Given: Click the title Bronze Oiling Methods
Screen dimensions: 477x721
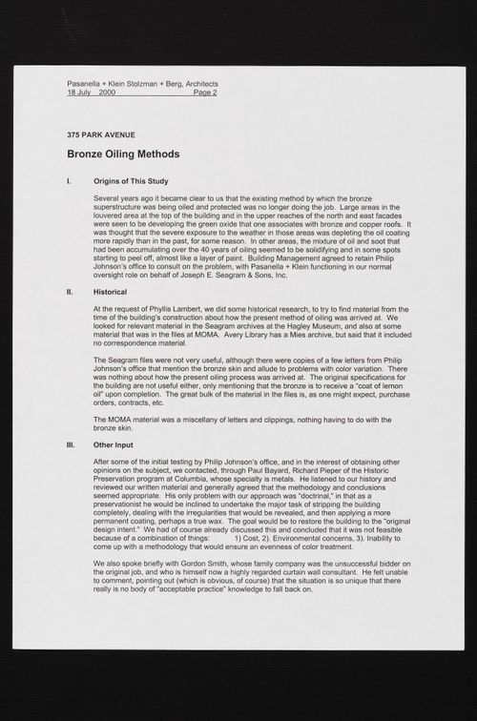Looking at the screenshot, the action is pyautogui.click(x=123, y=154).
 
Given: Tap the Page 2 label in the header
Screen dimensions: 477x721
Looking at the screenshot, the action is pyautogui.click(x=204, y=93).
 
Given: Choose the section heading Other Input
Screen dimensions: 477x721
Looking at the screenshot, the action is pyautogui.click(x=114, y=445).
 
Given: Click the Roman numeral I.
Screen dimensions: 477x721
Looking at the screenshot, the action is pyautogui.click(x=69, y=180).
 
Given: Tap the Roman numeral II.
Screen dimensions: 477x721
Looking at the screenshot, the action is pyautogui.click(x=70, y=291).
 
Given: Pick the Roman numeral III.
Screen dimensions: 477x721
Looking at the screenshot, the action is pyautogui.click(x=71, y=445).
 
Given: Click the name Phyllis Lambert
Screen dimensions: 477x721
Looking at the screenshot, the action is pyautogui.click(x=170, y=309).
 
